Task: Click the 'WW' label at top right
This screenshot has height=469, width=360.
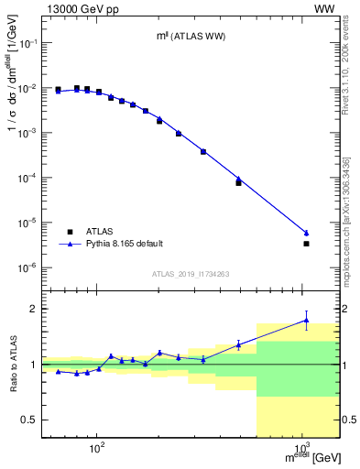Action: click(324, 8)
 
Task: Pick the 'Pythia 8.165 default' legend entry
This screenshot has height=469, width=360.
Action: click(111, 244)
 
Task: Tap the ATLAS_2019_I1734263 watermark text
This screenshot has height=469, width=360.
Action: click(191, 274)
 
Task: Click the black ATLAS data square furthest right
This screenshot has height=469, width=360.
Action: click(306, 244)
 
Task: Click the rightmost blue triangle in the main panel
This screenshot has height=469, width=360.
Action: click(306, 233)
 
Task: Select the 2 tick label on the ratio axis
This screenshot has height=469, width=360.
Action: click(35, 309)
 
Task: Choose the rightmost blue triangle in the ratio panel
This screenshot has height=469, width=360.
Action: click(306, 321)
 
